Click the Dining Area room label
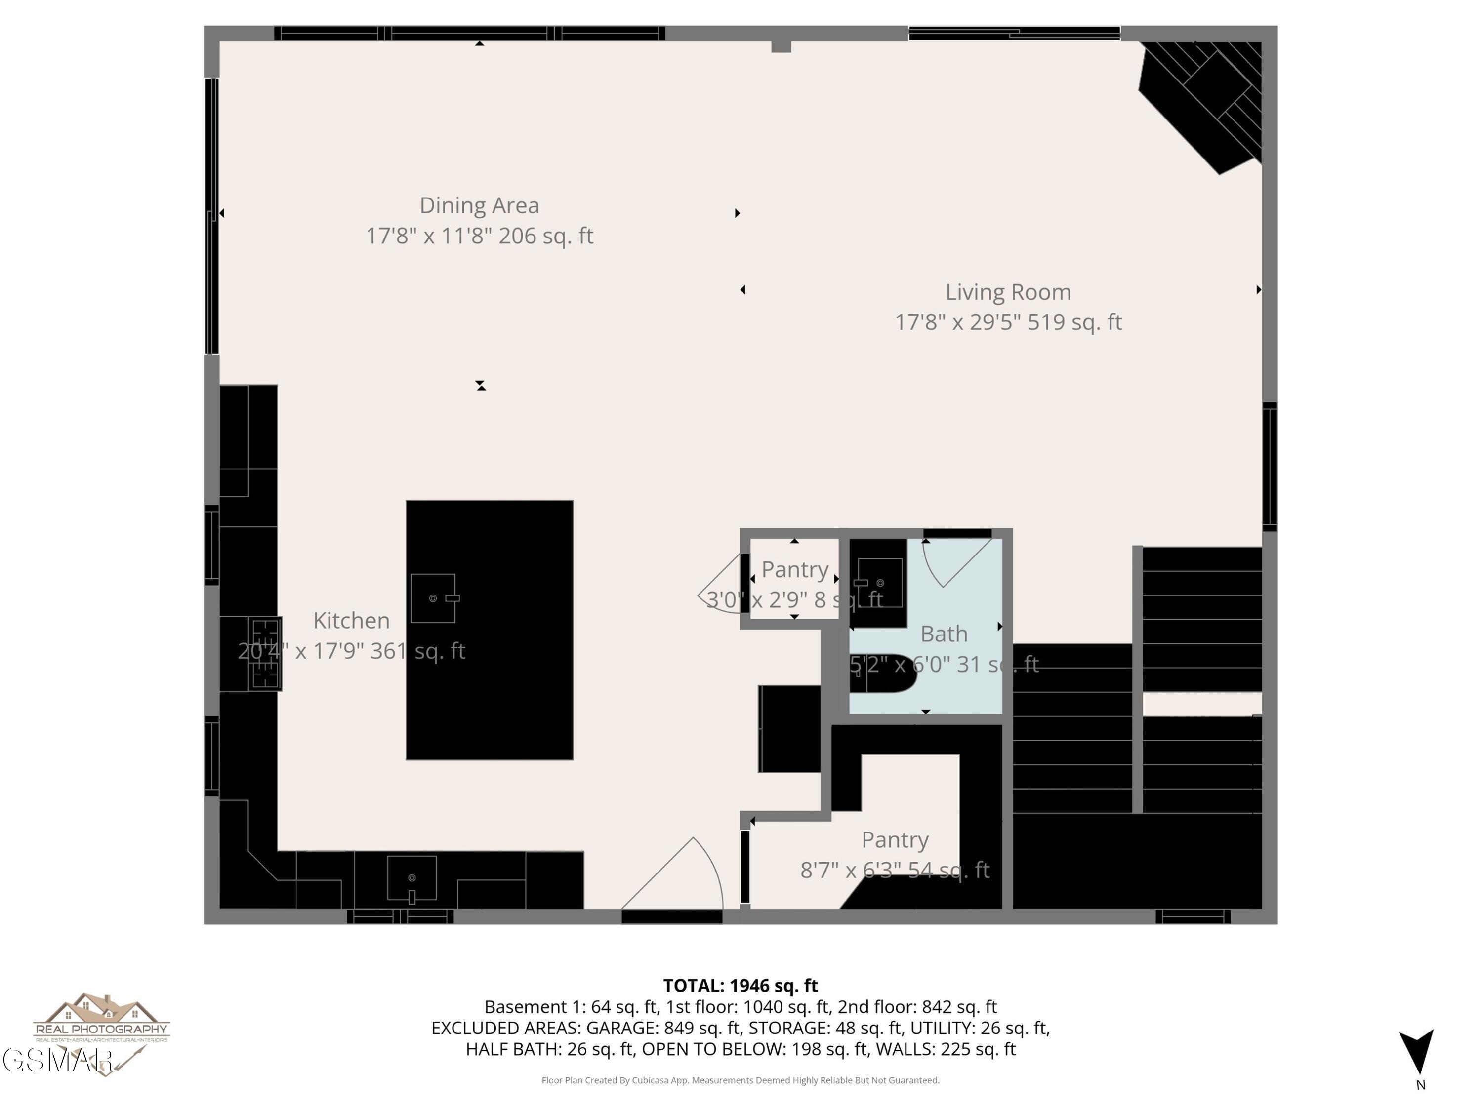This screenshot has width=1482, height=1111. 479,205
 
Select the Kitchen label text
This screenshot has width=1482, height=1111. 351,621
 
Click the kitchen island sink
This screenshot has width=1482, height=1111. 433,598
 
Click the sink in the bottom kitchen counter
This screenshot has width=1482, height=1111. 412,878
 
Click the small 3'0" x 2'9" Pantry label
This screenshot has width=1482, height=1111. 794,570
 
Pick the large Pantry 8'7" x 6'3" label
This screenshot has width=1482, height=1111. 895,840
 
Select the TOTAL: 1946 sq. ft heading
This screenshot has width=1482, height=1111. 741,986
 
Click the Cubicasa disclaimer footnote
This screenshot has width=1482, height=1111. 741,1080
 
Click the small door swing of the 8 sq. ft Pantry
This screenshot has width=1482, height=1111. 720,586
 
